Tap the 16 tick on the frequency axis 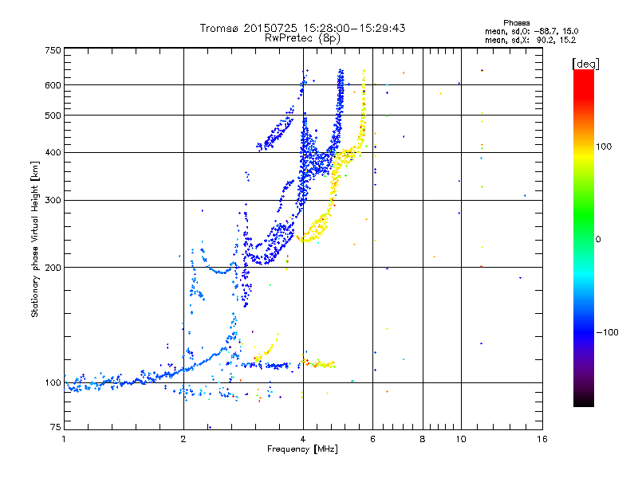click(541, 438)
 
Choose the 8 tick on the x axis click(423, 438)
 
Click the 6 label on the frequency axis click(373, 438)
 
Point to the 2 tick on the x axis click(183, 438)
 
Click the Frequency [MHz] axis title click(301, 449)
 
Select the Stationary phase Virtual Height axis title click(35, 240)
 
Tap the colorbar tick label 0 click(599, 238)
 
